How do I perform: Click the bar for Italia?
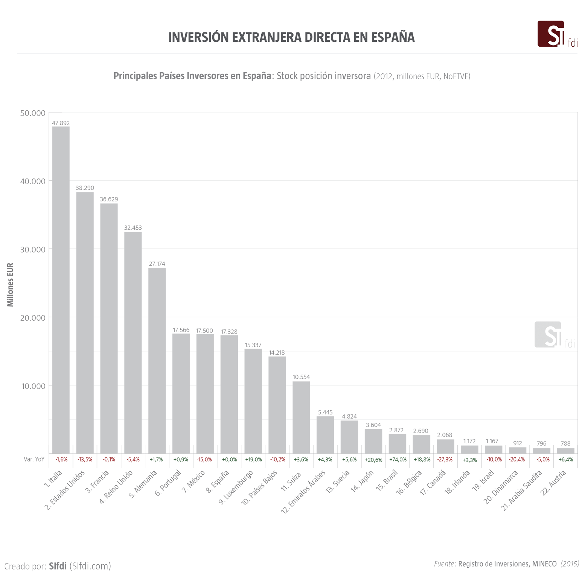pos(61,290)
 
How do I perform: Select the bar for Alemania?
pos(157,361)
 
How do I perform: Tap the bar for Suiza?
pos(301,417)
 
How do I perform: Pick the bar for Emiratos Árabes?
pos(325,435)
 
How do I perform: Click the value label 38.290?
pos(85,188)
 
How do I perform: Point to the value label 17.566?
pos(181,330)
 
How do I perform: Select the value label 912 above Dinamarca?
pos(518,443)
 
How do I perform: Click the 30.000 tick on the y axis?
pos(33,250)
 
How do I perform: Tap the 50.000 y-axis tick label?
pos(33,113)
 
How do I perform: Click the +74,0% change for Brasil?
pos(398,460)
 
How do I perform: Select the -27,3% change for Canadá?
pos(445,460)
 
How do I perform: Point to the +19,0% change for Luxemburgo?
pos(253,460)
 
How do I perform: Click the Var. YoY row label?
pos(34,459)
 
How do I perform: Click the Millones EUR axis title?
pos(10,285)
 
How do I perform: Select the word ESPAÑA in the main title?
pos(393,37)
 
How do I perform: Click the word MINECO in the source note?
pos(544,564)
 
